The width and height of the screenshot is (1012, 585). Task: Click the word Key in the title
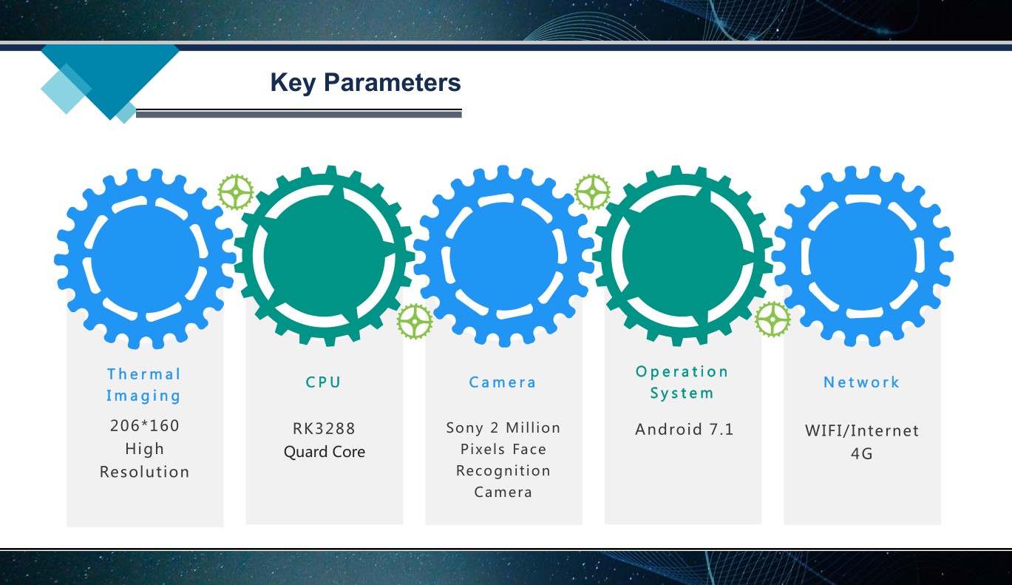(293, 83)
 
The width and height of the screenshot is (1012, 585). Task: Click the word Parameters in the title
(392, 82)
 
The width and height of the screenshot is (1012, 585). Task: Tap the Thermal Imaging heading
(143, 385)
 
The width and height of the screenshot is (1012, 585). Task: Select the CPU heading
(323, 382)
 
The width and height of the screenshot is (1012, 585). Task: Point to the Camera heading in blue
(503, 382)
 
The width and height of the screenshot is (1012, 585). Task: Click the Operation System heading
(682, 382)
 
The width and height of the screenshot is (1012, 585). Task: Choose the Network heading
(861, 382)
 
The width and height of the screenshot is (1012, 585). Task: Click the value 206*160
(145, 425)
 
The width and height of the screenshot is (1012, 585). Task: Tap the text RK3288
(324, 428)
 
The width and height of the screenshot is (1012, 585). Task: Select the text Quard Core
(325, 452)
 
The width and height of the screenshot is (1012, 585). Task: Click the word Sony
(464, 427)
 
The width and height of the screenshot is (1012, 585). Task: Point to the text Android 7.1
(684, 429)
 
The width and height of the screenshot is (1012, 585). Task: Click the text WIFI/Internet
(861, 430)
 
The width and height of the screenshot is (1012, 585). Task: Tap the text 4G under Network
(861, 453)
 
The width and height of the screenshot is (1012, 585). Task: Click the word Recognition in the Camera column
(503, 470)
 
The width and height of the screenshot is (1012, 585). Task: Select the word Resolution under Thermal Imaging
(145, 472)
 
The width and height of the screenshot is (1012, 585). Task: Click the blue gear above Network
(862, 257)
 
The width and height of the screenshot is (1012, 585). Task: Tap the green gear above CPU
(325, 256)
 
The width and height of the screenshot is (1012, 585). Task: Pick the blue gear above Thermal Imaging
(145, 259)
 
